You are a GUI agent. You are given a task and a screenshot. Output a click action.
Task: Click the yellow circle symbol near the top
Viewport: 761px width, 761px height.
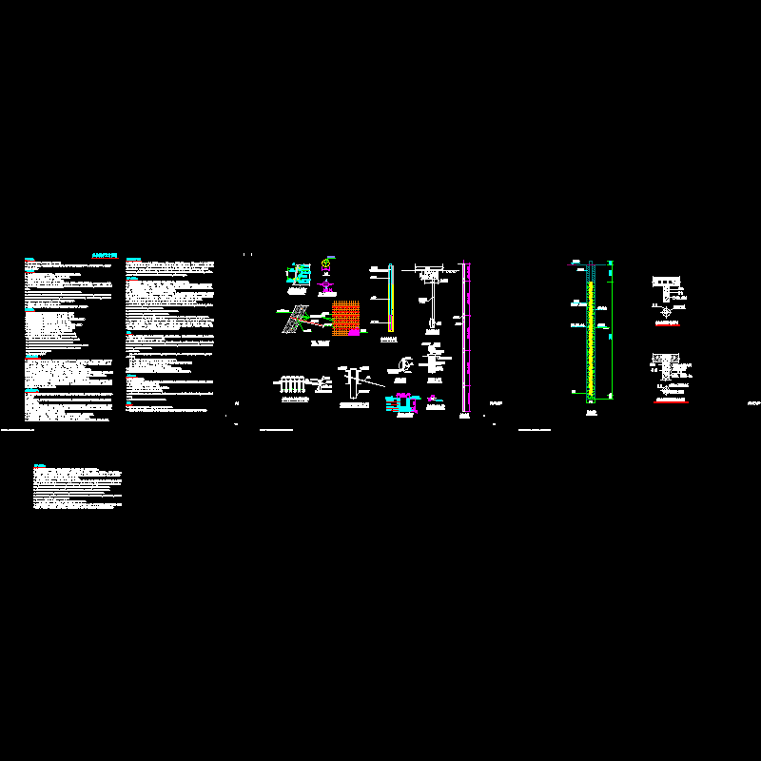(x=326, y=263)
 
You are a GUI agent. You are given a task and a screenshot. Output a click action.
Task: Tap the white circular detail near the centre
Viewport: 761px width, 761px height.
(x=406, y=363)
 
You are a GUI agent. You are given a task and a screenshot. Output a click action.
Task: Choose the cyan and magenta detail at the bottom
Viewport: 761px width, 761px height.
(x=401, y=404)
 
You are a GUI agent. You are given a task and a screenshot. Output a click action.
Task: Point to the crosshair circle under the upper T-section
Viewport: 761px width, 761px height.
(x=666, y=310)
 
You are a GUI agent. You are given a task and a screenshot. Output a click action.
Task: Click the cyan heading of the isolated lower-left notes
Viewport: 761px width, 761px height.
(x=39, y=465)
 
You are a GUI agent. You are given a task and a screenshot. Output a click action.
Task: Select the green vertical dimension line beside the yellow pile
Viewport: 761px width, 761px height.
(x=610, y=328)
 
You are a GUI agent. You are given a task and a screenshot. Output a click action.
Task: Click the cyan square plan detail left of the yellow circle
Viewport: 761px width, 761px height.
(x=298, y=274)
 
